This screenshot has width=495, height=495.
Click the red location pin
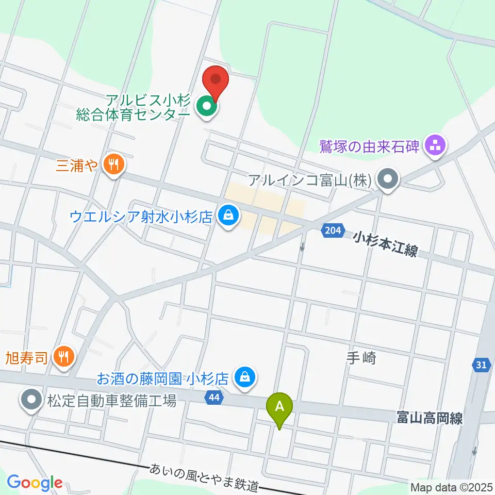[216, 81]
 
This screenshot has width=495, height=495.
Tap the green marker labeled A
[279, 407]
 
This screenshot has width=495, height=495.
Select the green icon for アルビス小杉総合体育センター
[207, 107]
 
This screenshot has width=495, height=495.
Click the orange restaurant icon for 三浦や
[114, 165]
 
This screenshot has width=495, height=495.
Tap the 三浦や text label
[77, 165]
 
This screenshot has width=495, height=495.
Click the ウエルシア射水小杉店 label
[141, 215]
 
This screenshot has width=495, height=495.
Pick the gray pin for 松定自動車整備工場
[32, 399]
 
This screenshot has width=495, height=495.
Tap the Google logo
[35, 483]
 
